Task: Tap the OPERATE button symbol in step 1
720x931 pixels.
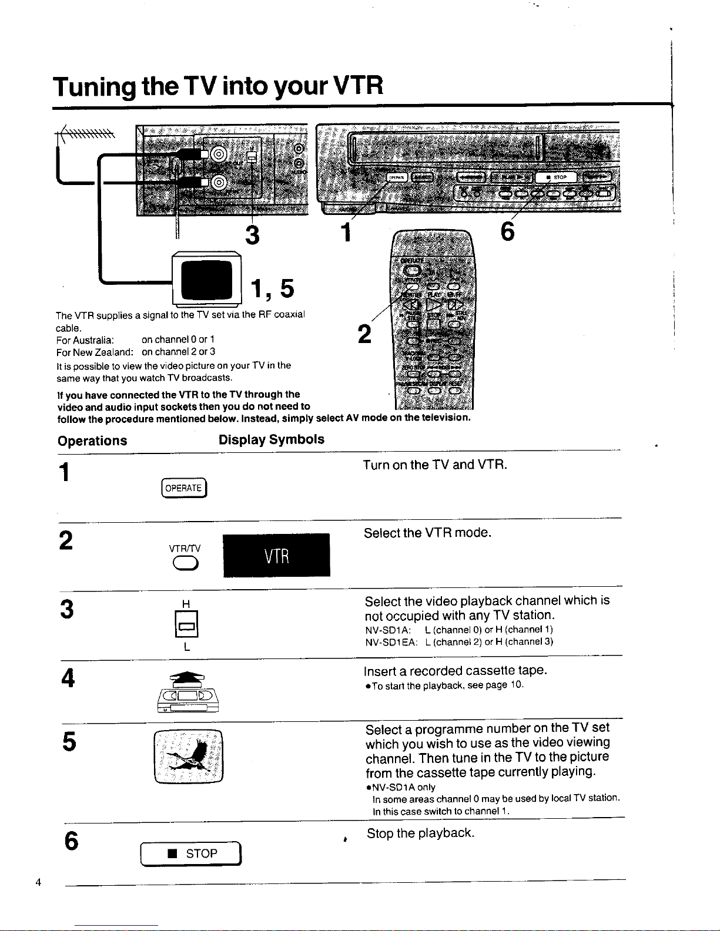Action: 183,488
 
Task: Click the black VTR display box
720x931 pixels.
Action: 276,555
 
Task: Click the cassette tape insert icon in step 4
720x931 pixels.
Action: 187,693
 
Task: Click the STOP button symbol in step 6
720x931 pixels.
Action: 192,853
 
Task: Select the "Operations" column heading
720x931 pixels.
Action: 92,441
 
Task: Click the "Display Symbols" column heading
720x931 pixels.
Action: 271,439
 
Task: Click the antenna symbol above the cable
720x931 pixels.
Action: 88,134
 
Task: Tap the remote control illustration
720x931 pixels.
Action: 433,320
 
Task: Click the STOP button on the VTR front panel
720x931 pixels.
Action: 556,177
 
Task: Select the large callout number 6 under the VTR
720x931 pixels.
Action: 507,232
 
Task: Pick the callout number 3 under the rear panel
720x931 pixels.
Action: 252,235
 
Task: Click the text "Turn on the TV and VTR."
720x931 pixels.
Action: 434,465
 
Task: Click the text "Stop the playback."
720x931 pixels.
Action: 420,833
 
